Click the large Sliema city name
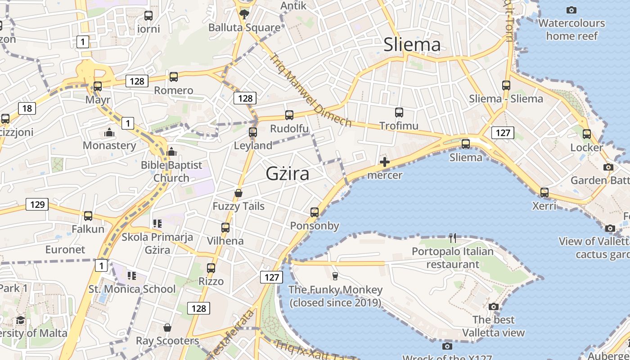[412, 45]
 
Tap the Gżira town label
[288, 173]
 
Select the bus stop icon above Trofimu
[399, 112]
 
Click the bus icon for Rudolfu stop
[289, 115]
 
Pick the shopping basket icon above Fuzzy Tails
[238, 193]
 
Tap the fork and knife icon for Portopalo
[453, 238]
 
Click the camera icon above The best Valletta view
[494, 307]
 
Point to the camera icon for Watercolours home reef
[571, 10]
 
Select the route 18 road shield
[27, 108]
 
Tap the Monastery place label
[109, 145]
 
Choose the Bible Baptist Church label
[171, 171]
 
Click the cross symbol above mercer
[385, 162]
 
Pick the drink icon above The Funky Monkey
[335, 276]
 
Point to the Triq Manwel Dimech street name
[310, 90]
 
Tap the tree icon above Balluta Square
[244, 14]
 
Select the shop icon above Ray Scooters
[167, 328]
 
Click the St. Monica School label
[132, 289]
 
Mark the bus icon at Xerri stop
[544, 193]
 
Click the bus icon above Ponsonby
[315, 212]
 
